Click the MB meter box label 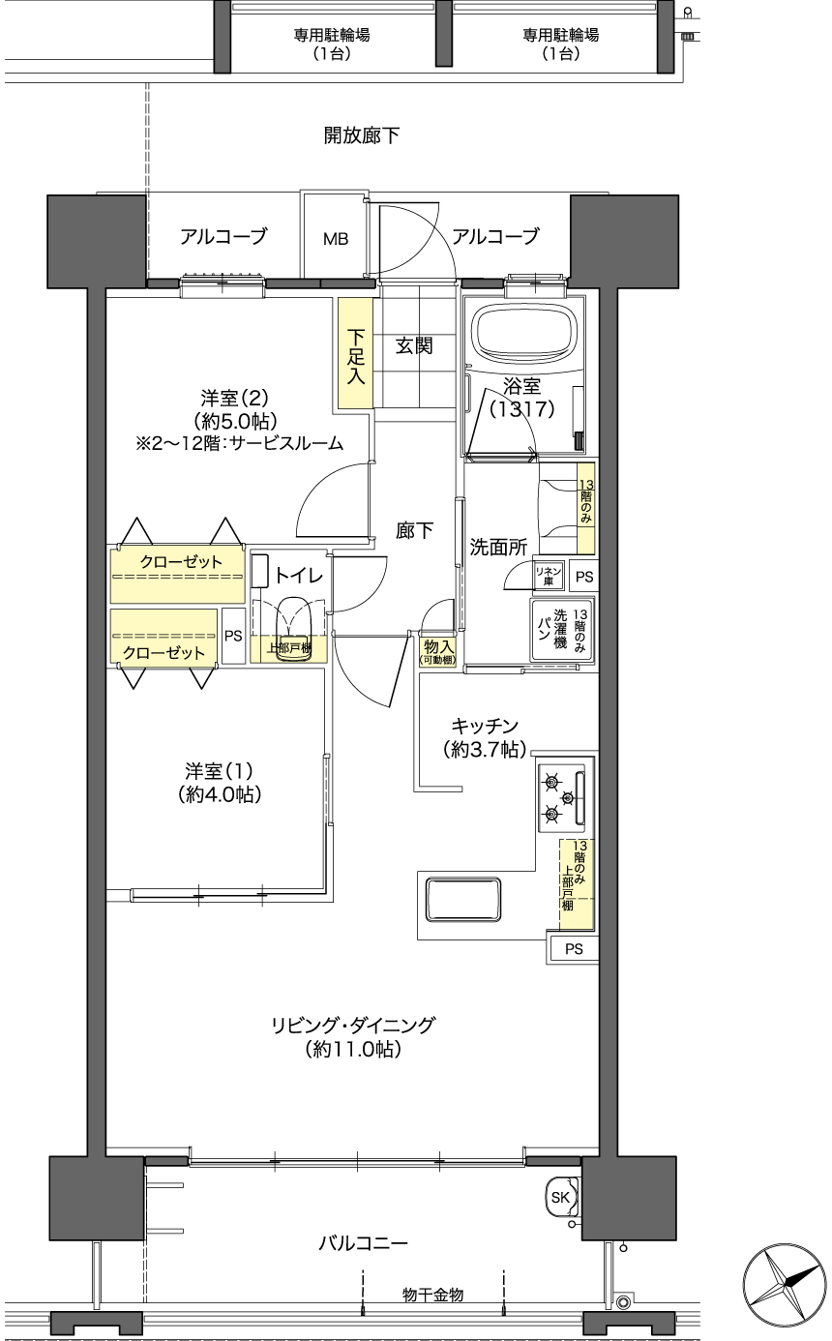click(x=335, y=240)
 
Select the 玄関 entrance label click(x=414, y=346)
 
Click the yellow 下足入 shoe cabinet click(x=356, y=353)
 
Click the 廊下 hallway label click(x=414, y=530)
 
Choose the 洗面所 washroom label click(x=498, y=547)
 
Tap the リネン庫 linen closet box click(x=549, y=576)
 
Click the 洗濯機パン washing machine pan click(x=561, y=629)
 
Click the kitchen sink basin click(x=462, y=899)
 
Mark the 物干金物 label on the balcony click(x=432, y=1295)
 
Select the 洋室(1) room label click(x=219, y=771)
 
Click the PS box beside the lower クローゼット click(x=233, y=636)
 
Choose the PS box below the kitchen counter click(x=573, y=949)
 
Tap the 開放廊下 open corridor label click(x=362, y=135)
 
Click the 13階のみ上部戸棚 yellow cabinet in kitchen click(x=577, y=885)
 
